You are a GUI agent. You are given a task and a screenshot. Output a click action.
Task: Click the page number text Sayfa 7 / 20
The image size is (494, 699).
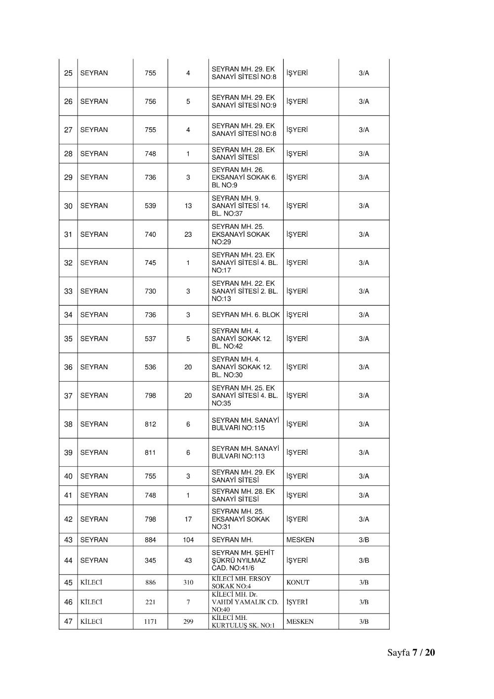(x=411, y=653)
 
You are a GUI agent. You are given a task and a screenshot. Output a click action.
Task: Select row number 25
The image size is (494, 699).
(x=68, y=73)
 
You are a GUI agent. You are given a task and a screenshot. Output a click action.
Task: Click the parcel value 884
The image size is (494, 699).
(x=150, y=540)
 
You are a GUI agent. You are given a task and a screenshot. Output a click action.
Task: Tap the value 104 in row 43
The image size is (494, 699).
(x=188, y=540)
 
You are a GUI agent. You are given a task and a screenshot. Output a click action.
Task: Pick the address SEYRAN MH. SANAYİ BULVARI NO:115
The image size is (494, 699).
(x=245, y=424)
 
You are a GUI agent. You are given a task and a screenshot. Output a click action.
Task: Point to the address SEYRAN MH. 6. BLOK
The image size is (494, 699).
(x=246, y=315)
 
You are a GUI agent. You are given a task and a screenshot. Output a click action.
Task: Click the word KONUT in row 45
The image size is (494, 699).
(x=298, y=582)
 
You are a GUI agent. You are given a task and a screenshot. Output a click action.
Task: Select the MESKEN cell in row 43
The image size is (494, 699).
(x=300, y=540)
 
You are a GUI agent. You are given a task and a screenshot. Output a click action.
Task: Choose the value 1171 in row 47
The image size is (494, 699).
(x=150, y=621)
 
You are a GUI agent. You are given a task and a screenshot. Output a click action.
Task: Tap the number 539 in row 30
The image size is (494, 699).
(x=150, y=206)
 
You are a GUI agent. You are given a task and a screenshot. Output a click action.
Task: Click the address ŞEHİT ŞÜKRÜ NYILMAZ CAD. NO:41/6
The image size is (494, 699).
(x=243, y=561)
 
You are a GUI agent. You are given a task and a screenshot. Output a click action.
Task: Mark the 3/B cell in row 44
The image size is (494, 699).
(x=364, y=561)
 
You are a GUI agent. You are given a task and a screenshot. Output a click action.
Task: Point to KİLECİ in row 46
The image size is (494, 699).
(x=91, y=602)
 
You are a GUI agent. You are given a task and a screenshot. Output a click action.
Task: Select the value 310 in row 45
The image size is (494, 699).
(x=188, y=582)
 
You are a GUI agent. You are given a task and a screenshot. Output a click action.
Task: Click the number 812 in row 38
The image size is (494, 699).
(x=150, y=424)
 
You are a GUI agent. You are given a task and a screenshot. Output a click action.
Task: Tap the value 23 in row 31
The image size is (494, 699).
(x=188, y=234)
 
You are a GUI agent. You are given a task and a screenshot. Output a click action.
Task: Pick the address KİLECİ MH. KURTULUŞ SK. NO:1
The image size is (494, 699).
(x=243, y=621)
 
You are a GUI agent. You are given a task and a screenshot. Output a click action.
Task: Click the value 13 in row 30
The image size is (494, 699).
(x=188, y=206)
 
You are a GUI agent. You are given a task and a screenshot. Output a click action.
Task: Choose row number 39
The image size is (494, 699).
(x=68, y=453)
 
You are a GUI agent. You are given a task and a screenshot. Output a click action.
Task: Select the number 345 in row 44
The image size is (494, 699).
(x=150, y=561)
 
